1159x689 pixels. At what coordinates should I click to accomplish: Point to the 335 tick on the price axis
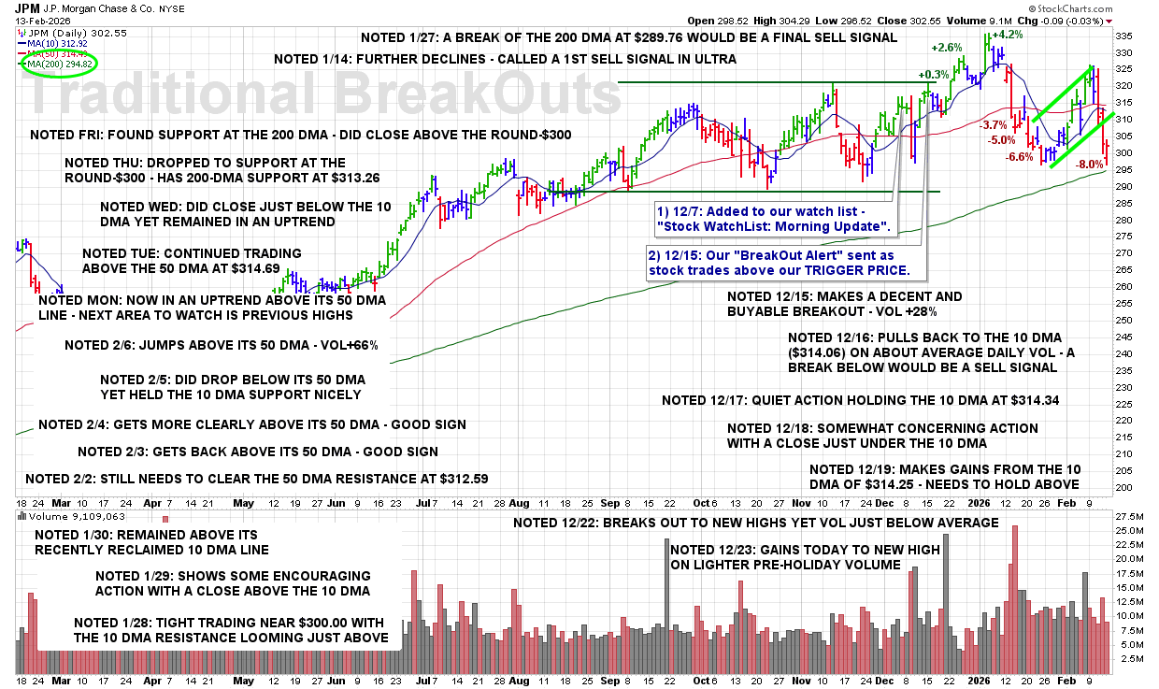tap(1124, 36)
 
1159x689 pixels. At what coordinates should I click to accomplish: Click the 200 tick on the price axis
tap(1124, 487)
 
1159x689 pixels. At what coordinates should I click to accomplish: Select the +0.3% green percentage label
tap(933, 75)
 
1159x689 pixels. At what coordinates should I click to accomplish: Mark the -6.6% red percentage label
tap(1020, 157)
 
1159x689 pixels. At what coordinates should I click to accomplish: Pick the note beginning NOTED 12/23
tap(805, 557)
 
